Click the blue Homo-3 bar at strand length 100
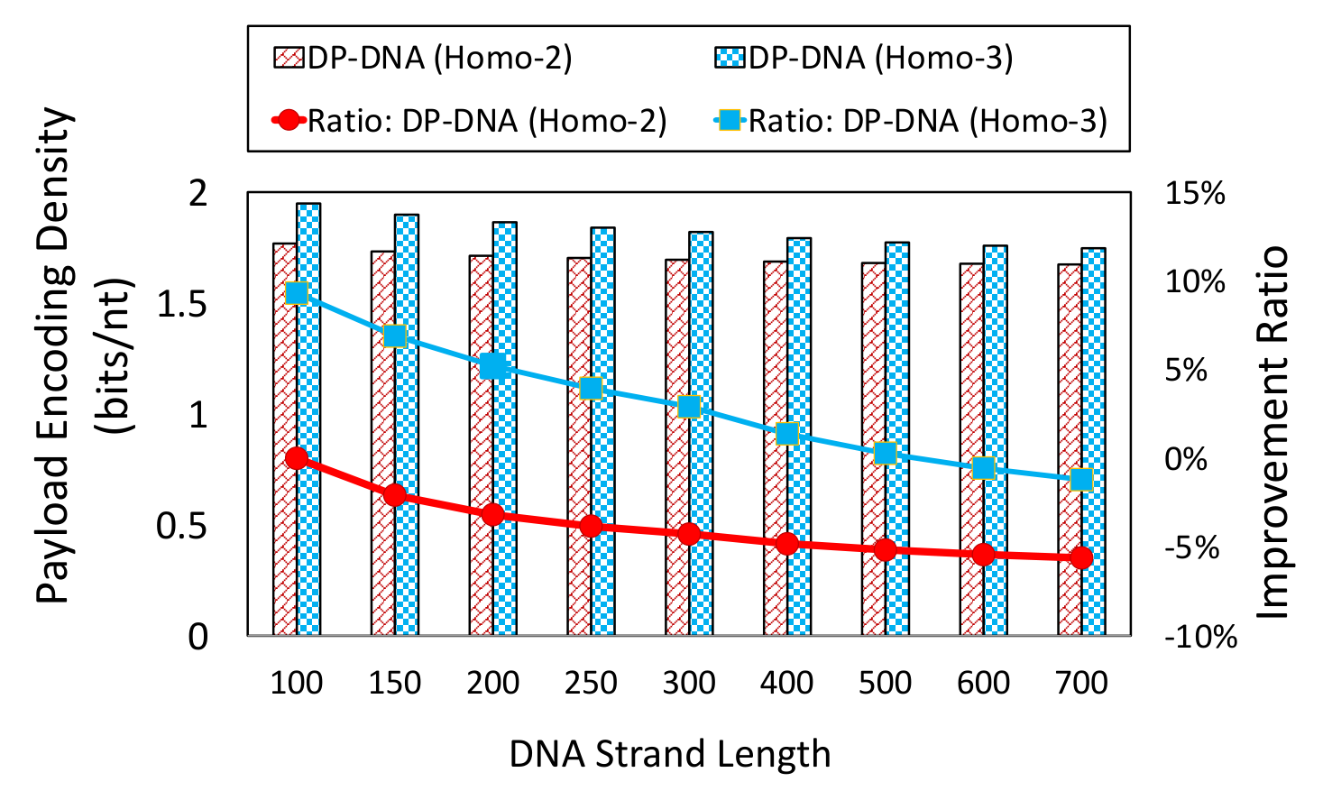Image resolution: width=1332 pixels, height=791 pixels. point(308,419)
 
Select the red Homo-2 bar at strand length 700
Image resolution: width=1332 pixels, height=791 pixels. point(1070,450)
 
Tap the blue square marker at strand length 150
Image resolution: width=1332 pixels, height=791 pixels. point(395,336)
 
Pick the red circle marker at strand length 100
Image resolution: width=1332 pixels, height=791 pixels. point(296,458)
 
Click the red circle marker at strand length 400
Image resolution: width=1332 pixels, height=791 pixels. point(787,544)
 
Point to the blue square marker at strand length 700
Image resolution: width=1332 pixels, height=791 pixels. point(1081,479)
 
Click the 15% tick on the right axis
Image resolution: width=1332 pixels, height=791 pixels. point(1195,194)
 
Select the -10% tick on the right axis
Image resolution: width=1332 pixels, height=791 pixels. point(1200,638)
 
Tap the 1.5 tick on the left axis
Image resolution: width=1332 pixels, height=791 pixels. point(182,305)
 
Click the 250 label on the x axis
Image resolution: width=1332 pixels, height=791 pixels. point(591,683)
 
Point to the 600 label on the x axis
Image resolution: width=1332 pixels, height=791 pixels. point(984,683)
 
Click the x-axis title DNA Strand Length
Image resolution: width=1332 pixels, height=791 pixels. point(670,755)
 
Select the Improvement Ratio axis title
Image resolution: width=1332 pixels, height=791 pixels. point(1272,432)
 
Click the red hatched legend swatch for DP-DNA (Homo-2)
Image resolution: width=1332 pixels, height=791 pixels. point(289,59)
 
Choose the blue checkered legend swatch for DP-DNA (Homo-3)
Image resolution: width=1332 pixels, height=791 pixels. point(730,59)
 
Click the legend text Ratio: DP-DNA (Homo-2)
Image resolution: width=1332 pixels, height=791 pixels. point(487,122)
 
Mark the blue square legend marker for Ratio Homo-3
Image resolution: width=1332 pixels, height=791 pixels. point(730,121)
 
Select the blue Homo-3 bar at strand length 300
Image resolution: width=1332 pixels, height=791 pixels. point(701,434)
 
